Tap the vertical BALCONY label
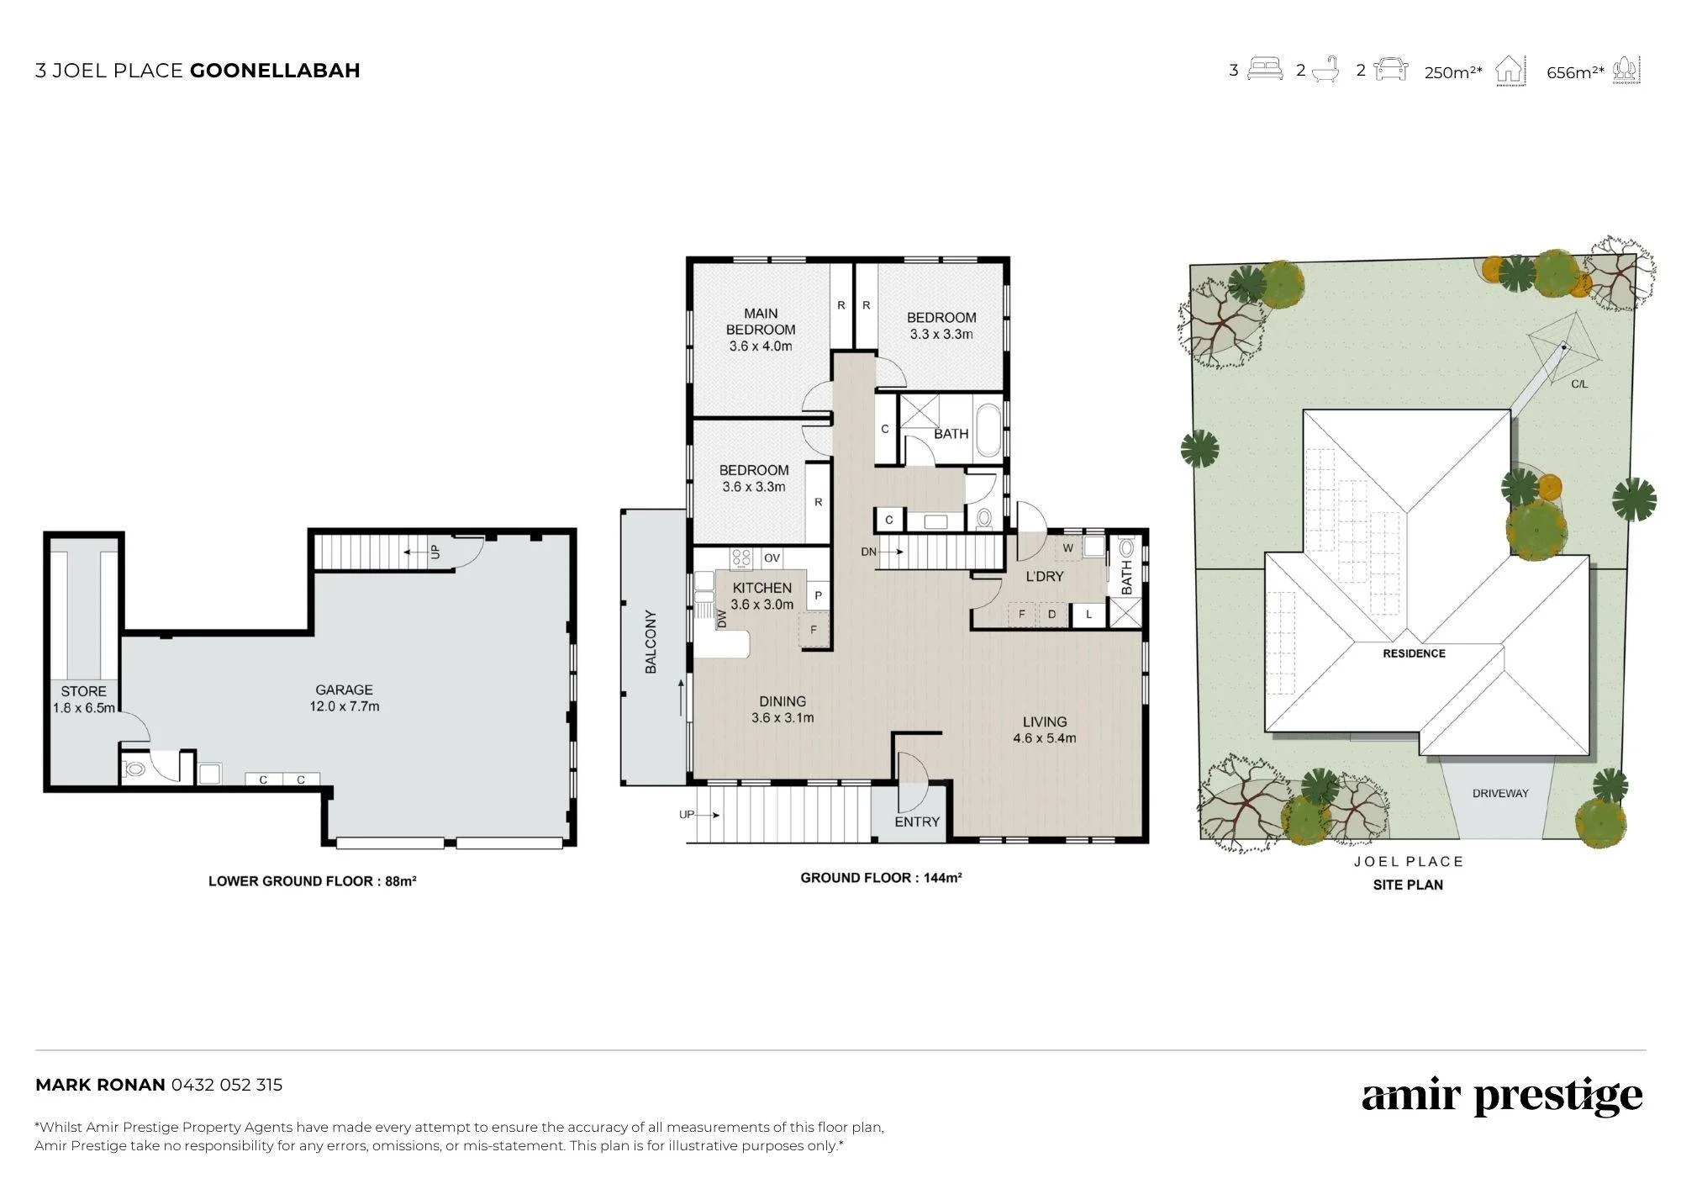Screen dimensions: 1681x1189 [x=651, y=642]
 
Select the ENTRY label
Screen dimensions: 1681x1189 [x=917, y=822]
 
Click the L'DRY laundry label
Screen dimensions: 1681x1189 [x=1045, y=576]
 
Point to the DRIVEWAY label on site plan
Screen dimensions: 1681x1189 [x=1500, y=793]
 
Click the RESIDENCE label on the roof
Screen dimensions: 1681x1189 [x=1415, y=653]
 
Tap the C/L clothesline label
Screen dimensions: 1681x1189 [x=1579, y=384]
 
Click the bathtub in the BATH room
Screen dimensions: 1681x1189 [x=988, y=432]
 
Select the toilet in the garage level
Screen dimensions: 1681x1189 [x=134, y=769]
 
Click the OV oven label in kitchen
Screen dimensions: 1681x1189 [x=772, y=558]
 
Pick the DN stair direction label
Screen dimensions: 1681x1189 [x=869, y=552]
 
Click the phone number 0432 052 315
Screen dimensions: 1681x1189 [x=227, y=1085]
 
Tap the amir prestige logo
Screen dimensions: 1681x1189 [x=1502, y=1097]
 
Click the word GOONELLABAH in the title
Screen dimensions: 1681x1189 [x=275, y=71]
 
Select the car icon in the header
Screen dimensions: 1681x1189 [x=1390, y=69]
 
